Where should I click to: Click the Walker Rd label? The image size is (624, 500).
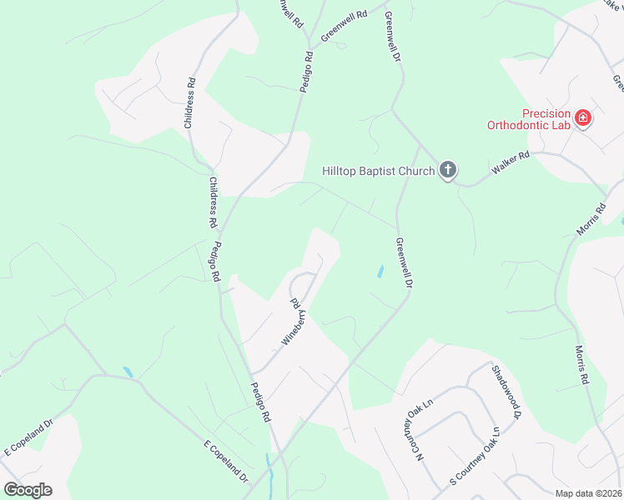coord(511,162)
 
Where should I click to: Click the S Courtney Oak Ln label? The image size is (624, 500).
coord(474,457)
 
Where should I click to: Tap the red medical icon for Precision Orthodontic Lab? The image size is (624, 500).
coord(582,119)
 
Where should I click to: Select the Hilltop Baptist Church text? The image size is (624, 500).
coord(379,172)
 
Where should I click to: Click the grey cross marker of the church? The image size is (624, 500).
coord(448,172)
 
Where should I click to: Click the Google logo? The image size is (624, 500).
coord(28,489)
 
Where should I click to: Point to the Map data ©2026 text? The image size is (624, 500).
coord(588,493)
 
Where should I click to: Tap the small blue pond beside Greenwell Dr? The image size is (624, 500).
coord(380,271)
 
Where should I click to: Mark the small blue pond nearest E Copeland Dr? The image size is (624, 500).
coord(128,372)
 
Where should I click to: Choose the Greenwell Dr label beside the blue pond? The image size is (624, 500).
coord(404,263)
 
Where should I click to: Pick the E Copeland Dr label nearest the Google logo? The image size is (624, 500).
coord(29,437)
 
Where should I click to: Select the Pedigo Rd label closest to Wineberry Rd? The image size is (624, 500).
coord(259,402)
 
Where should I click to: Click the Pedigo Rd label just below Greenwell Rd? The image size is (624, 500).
coord(307,71)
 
